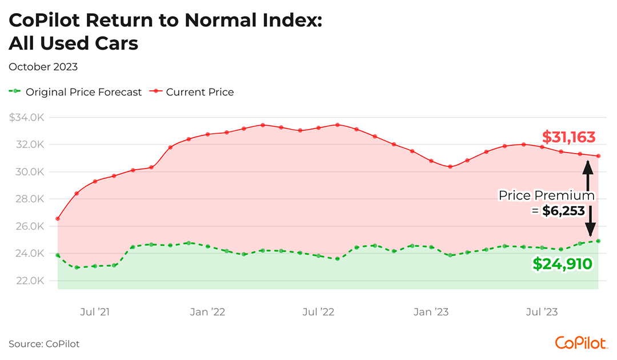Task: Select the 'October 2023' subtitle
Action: pos(43,67)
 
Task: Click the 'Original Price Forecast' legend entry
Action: pos(83,92)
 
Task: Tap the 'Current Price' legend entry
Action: pos(199,92)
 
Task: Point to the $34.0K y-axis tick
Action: pos(27,118)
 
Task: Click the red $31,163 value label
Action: pos(568,138)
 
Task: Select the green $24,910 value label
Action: pos(562,263)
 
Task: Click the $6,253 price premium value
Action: pos(563,211)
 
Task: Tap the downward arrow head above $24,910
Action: pos(590,231)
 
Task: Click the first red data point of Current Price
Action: pos(58,218)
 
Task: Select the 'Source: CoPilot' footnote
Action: pos(44,344)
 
